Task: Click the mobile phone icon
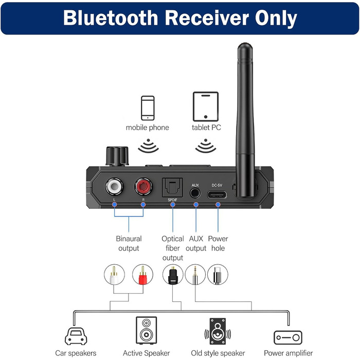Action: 148,107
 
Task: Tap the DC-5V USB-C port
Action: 218,195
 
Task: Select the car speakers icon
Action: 82,334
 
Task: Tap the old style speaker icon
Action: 218,332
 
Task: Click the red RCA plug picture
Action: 143,275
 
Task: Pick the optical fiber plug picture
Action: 172,275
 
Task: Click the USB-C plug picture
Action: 218,275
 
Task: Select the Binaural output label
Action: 128,243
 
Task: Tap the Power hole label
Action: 218,243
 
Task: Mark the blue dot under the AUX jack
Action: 195,205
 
